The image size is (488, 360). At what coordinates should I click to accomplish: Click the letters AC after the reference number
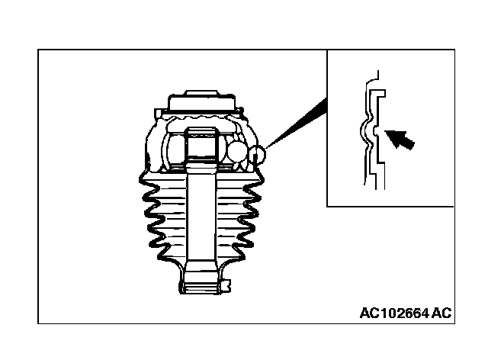441,313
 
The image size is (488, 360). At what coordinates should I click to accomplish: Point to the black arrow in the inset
402,140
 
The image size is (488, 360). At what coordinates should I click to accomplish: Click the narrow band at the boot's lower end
202,288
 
